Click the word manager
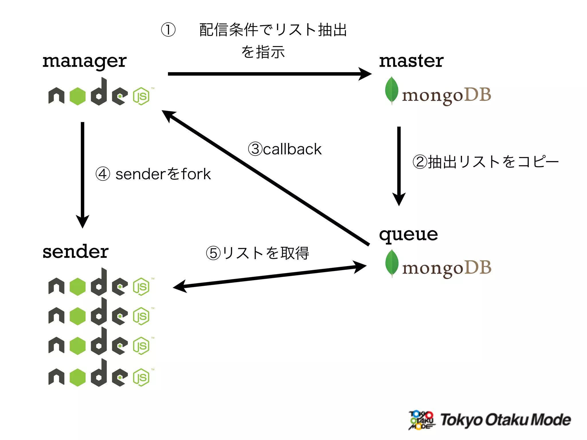click(84, 61)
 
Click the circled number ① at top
click(168, 30)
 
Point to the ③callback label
click(285, 149)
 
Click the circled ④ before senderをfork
click(103, 174)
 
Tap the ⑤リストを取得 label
click(257, 253)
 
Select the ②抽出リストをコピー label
click(485, 162)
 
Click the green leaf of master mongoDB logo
click(392, 90)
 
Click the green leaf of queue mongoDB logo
click(392, 263)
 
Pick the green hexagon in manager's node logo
click(78, 96)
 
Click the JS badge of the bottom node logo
click(141, 378)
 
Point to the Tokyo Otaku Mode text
click(505, 420)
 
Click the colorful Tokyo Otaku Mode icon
click(421, 420)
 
